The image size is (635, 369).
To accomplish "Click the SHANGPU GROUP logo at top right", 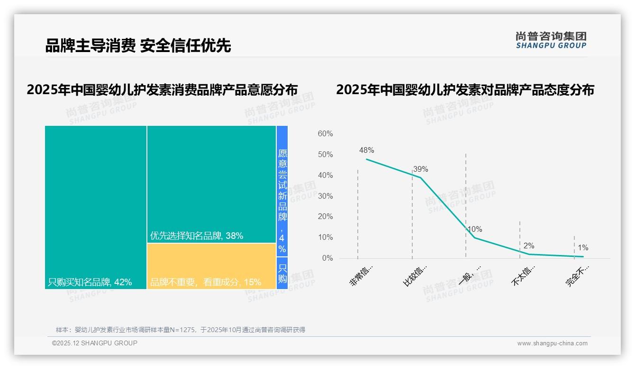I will (x=551, y=40).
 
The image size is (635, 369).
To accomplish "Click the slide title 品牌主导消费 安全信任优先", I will (x=138, y=46).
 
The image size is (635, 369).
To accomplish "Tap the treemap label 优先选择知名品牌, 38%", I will (x=197, y=236).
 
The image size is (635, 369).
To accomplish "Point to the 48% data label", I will (x=367, y=150).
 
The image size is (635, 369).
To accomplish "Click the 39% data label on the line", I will (x=420, y=169).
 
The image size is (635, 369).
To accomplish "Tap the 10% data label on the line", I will (x=475, y=229).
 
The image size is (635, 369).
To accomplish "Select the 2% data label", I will (x=529, y=246).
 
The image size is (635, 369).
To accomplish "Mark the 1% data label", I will (x=583, y=248).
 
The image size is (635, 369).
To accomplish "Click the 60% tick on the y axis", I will (x=325, y=134).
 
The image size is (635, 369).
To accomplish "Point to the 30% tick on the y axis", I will (x=325, y=196).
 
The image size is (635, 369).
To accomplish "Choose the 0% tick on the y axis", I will (x=327, y=258).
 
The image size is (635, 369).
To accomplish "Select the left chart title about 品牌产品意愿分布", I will (x=162, y=90).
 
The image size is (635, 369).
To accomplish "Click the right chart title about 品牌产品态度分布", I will (x=465, y=90).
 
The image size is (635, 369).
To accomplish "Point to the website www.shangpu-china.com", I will (x=552, y=343).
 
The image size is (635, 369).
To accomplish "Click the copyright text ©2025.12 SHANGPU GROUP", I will (x=95, y=343).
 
